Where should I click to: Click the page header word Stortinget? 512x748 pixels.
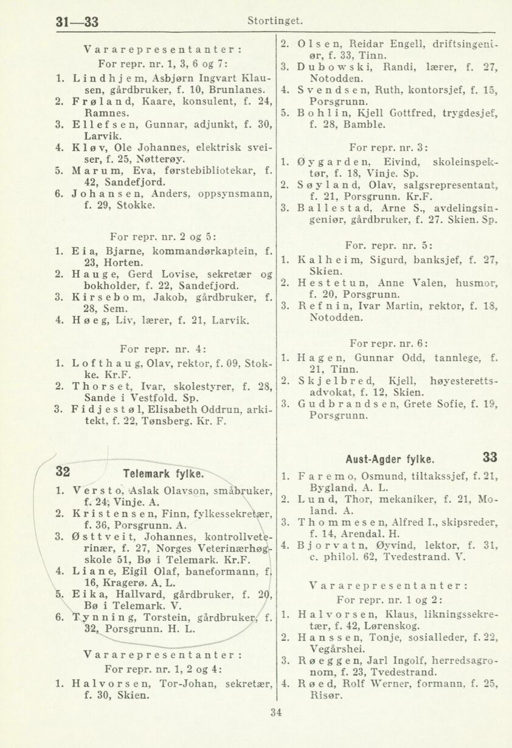(x=275, y=21)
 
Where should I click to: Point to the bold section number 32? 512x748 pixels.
(x=63, y=471)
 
